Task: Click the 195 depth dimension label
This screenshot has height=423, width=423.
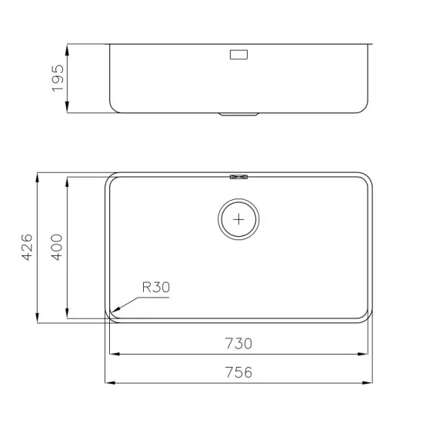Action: [58, 78]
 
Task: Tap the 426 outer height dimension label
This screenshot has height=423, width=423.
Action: [27, 248]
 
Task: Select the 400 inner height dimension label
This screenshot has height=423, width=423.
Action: [57, 248]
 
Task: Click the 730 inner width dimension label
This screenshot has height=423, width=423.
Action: [238, 344]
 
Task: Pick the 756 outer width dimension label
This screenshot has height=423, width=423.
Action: [238, 372]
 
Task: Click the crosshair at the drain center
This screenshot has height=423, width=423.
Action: [239, 218]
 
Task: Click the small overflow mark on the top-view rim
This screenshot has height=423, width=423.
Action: [239, 176]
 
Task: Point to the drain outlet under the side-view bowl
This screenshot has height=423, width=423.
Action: [239, 115]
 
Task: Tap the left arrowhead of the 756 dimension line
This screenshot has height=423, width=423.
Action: [107, 382]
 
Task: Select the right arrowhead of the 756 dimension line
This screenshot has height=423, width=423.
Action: [371, 382]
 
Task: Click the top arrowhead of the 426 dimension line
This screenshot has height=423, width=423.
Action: [37, 175]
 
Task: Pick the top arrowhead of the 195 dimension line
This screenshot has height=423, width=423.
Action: [68, 45]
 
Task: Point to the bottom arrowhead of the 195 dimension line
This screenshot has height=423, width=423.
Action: [68, 112]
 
